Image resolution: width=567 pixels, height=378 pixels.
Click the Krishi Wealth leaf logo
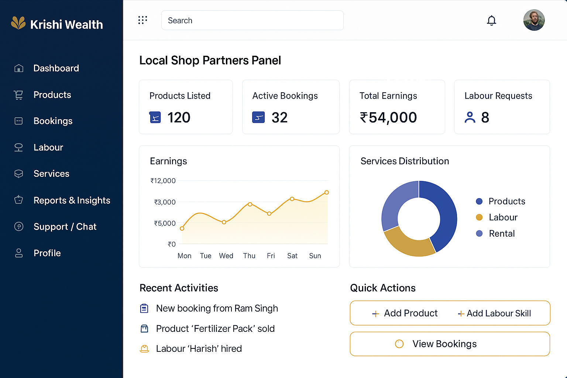click(18, 23)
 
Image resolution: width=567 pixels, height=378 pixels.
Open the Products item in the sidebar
click(52, 95)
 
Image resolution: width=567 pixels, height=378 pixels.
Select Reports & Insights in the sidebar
click(72, 200)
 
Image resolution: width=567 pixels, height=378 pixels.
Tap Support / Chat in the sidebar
click(65, 227)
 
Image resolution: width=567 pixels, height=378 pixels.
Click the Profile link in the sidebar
click(47, 253)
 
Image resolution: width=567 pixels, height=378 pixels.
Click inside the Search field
click(252, 20)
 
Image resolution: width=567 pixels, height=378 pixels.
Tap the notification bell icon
click(491, 20)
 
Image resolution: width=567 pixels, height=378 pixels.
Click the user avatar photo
click(534, 20)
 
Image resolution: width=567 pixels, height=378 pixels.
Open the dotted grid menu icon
click(142, 20)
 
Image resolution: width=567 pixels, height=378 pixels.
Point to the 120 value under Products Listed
click(179, 118)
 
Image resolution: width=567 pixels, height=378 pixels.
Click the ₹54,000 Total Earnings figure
click(388, 118)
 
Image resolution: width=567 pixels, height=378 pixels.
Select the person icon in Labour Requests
click(470, 117)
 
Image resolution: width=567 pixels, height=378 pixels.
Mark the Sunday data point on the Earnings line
click(327, 192)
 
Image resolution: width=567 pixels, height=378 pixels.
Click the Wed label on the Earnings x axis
click(226, 256)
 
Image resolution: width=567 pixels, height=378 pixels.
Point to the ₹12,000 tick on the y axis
click(163, 181)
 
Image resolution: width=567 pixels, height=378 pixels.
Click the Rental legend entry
click(501, 234)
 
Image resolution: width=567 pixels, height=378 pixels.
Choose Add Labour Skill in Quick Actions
click(495, 313)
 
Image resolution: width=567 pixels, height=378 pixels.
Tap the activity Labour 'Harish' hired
click(199, 349)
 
